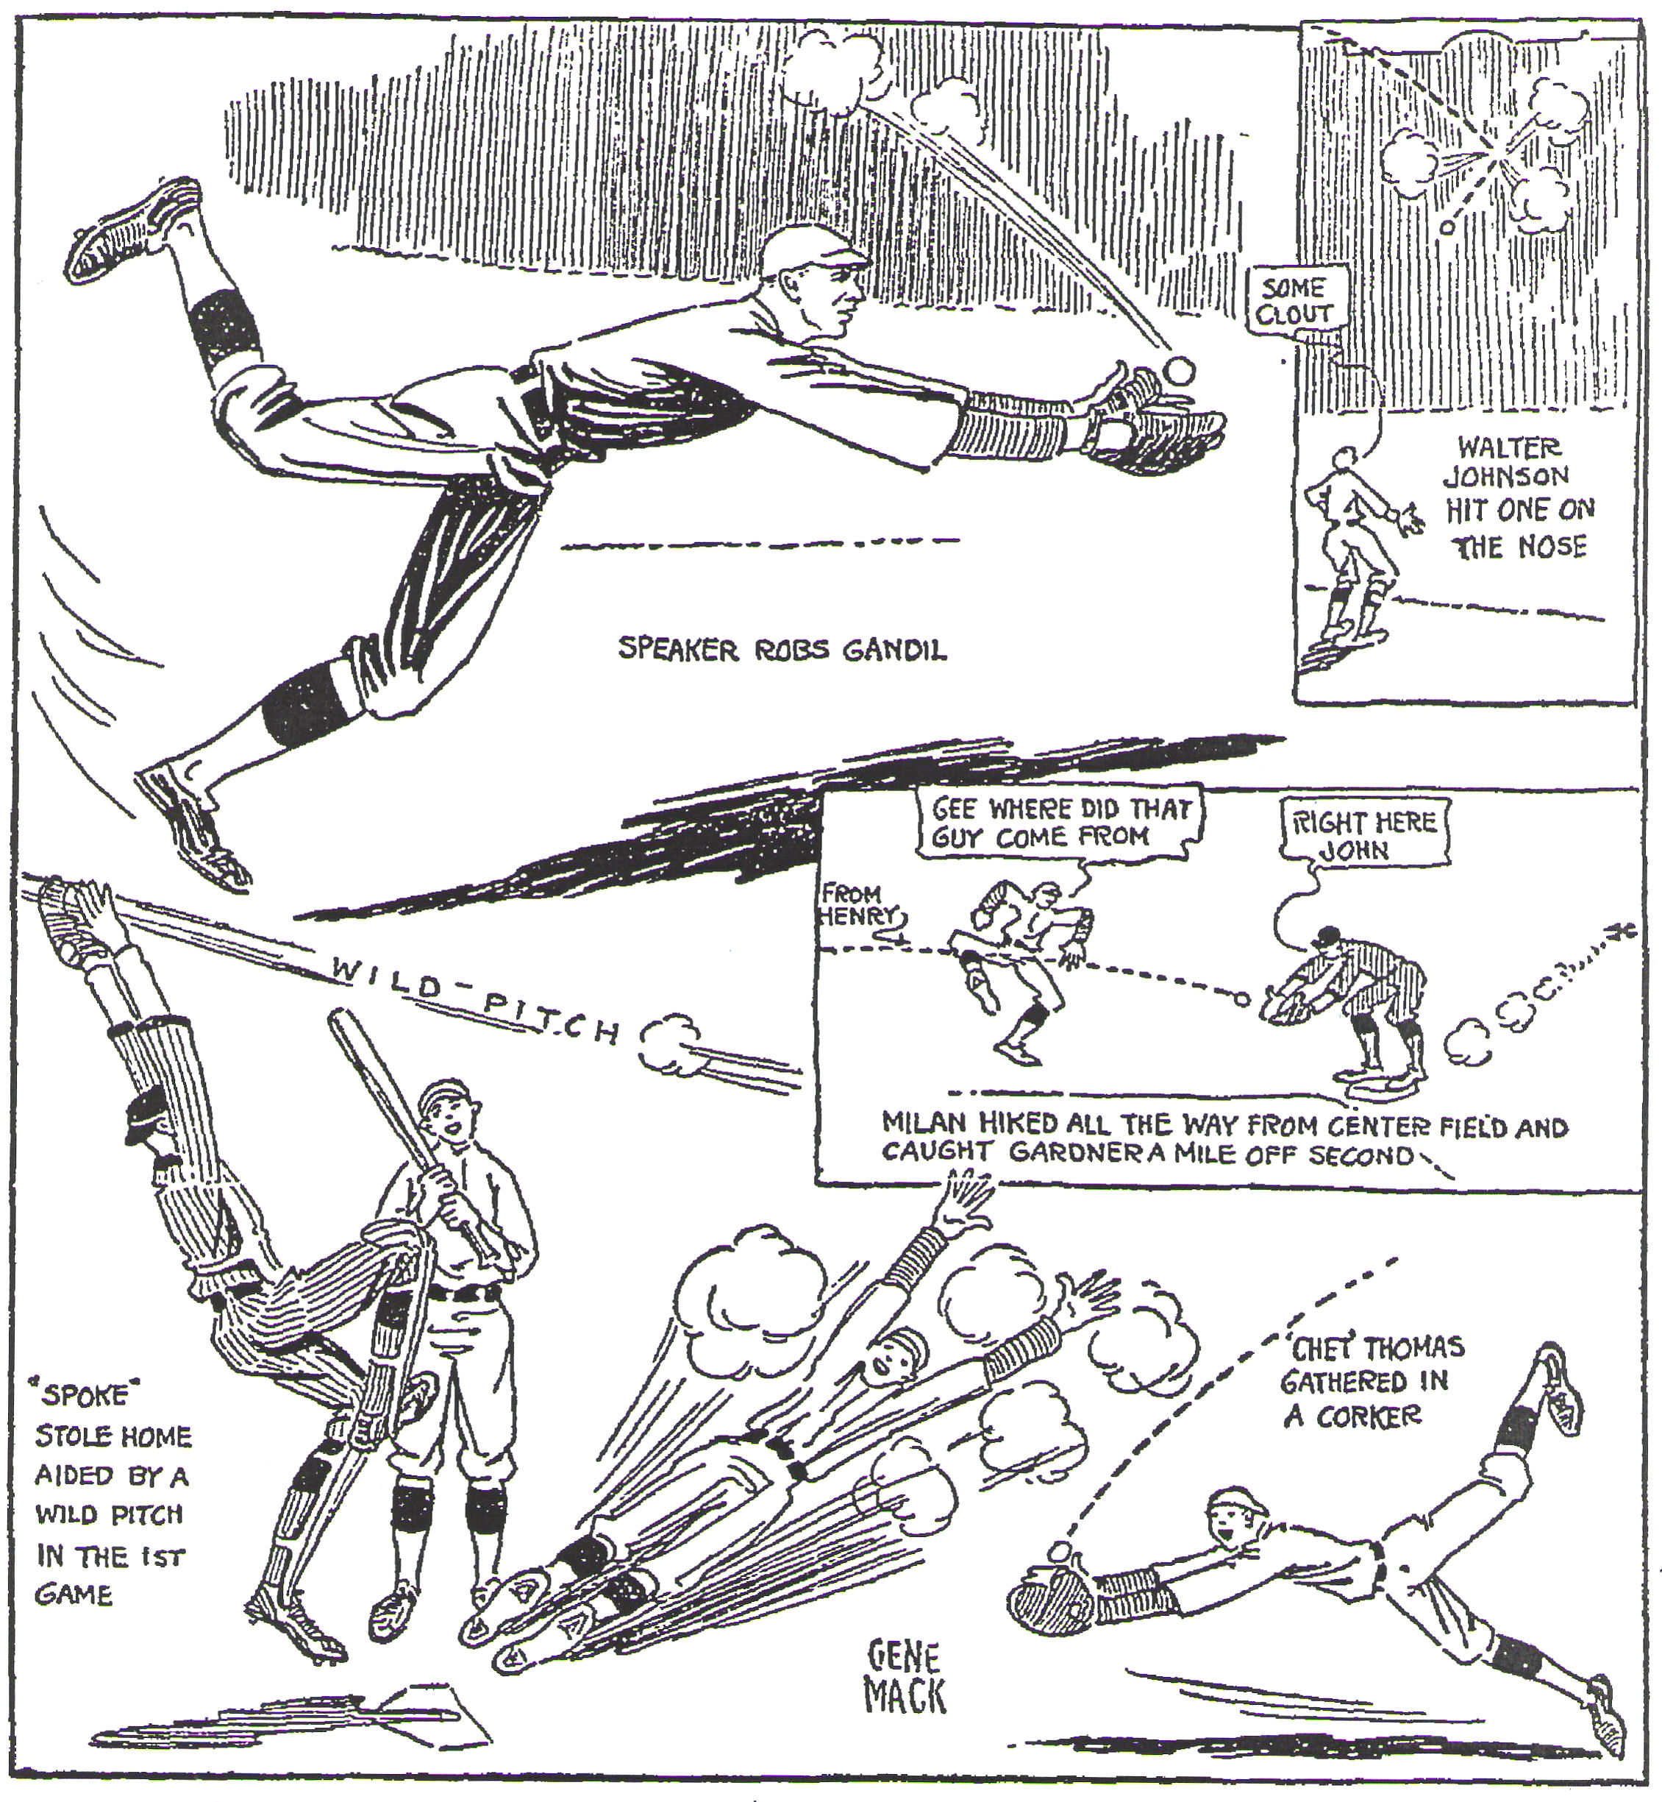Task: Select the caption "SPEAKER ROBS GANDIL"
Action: point(782,649)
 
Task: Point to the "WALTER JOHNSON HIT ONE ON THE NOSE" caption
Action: point(1520,497)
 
